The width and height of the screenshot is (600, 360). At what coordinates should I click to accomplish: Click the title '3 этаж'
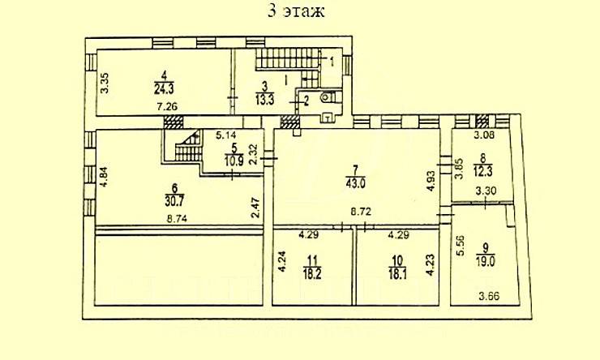(296, 11)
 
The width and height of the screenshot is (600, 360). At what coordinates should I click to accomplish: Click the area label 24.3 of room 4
(164, 89)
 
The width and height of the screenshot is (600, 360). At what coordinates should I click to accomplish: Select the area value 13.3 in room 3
(265, 100)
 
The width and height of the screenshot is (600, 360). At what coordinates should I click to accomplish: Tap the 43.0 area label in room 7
(355, 183)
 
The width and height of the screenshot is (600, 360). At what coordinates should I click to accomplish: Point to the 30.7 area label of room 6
(175, 201)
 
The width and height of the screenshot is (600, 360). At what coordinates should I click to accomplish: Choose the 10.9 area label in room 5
(234, 161)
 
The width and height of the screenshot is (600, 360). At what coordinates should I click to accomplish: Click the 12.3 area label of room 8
(483, 171)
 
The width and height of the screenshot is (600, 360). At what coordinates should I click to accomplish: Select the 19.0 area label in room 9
(485, 262)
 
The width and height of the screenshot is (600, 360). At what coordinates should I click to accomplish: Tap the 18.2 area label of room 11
(312, 274)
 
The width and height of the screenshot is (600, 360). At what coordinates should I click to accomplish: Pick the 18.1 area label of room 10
(397, 275)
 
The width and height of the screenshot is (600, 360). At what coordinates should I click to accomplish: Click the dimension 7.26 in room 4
(167, 106)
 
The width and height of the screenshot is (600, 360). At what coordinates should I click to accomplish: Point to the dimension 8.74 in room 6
(178, 219)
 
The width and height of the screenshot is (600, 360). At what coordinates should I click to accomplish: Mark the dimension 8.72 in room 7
(361, 212)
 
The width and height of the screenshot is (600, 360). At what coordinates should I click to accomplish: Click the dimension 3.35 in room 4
(105, 83)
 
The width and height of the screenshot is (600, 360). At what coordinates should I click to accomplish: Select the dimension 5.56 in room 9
(461, 245)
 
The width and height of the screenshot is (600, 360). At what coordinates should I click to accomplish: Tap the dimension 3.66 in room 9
(490, 296)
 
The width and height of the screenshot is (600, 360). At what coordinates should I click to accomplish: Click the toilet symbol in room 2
(327, 97)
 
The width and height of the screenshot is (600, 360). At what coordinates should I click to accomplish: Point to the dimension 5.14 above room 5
(225, 135)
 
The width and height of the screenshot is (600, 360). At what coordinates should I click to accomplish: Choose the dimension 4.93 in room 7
(431, 182)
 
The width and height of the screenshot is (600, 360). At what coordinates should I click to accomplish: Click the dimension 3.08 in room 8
(484, 135)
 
